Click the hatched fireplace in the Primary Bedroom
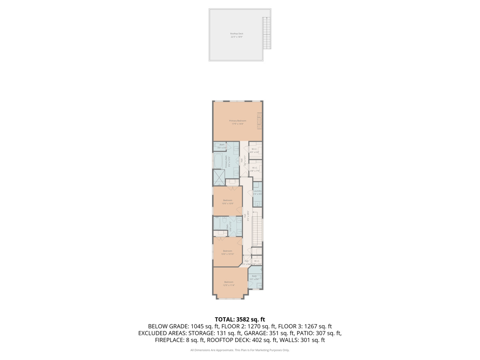(x=260, y=121)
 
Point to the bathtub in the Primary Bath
(x=219, y=162)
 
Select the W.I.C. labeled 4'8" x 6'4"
(x=254, y=150)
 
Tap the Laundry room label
(x=257, y=192)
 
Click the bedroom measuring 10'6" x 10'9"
(x=228, y=202)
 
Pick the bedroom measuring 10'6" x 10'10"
(x=228, y=252)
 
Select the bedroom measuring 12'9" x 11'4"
(x=229, y=283)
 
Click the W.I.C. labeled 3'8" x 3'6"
(x=257, y=262)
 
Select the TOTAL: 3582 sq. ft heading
(x=240, y=319)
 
